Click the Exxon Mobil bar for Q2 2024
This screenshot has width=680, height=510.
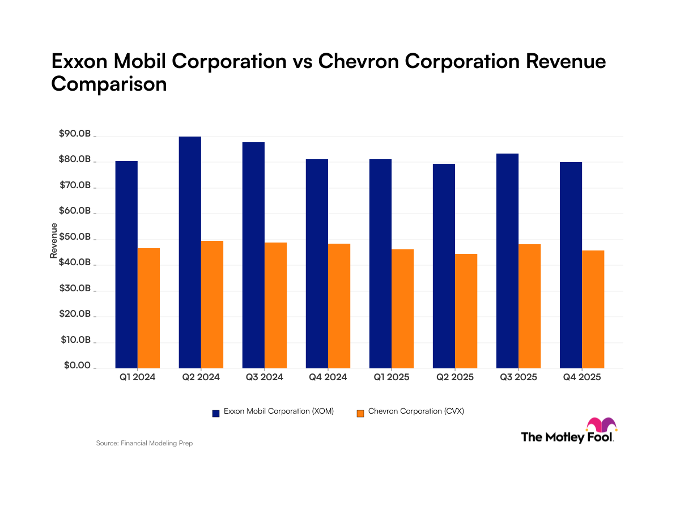coord(190,252)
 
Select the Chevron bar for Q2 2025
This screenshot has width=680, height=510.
coord(466,311)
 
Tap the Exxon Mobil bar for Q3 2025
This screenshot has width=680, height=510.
coord(507,261)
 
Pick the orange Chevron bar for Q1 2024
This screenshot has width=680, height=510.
coord(148,308)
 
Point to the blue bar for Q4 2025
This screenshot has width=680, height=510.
coord(571,265)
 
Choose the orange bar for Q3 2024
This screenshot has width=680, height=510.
coord(275,305)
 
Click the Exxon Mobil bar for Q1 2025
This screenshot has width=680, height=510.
coord(380,263)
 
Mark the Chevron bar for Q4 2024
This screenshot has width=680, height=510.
coord(339,305)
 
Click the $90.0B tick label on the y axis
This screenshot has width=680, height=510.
coord(74,134)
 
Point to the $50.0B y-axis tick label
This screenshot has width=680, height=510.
coord(74,237)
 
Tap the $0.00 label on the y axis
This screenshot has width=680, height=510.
coord(76,366)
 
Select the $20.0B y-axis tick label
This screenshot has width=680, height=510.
coord(74,314)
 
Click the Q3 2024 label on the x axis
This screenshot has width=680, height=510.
coord(264,377)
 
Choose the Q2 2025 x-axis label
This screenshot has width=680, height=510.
coord(454,377)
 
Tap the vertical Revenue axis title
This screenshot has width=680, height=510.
coord(54,241)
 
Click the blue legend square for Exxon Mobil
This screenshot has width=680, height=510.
coord(216,413)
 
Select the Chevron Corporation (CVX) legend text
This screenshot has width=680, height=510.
coord(415,412)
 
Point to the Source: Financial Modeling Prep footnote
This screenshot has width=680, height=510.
coord(144,443)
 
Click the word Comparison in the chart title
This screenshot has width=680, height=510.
coord(109,84)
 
